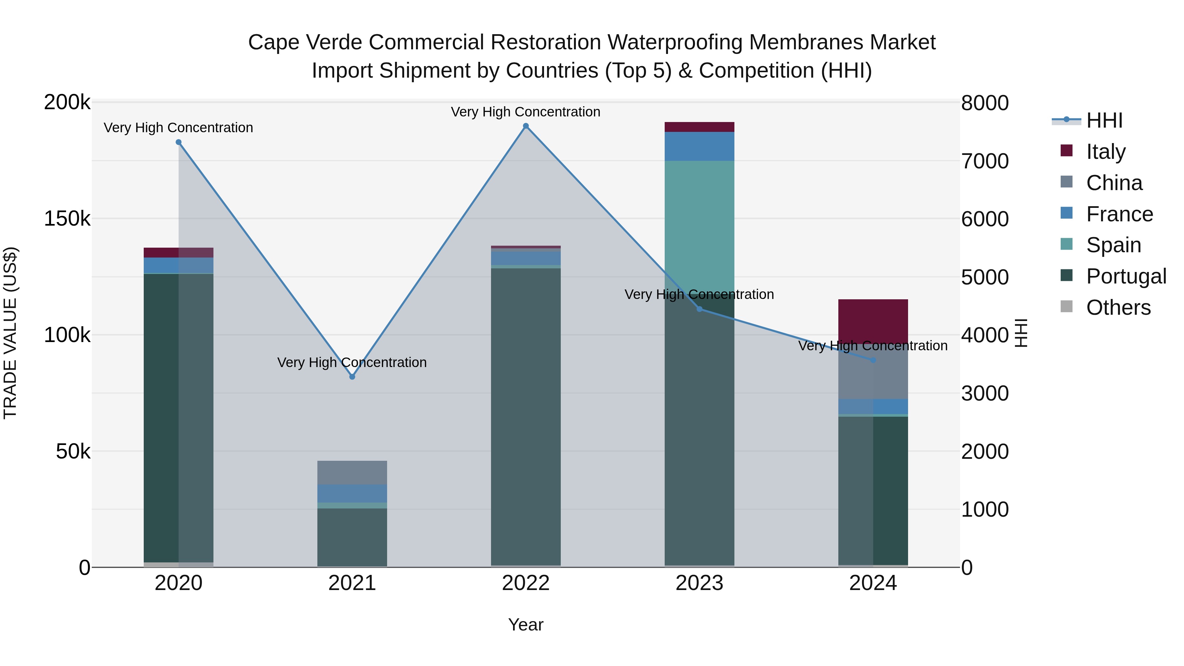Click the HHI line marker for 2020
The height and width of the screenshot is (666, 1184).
click(179, 142)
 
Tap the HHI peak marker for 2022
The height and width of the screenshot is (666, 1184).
click(526, 126)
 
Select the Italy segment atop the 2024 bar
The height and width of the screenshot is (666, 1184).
click(873, 321)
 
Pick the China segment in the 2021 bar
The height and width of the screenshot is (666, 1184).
click(352, 473)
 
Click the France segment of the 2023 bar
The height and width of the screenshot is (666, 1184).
click(699, 146)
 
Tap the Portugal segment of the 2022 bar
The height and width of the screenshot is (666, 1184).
click(526, 414)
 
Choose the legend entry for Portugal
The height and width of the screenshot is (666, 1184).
click(1126, 276)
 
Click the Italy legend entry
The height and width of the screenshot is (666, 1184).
click(1105, 152)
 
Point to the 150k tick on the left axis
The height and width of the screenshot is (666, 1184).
click(67, 219)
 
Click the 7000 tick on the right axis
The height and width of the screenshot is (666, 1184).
click(984, 161)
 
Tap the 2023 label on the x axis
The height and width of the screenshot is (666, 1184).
click(699, 583)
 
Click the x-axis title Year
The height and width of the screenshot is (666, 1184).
click(526, 625)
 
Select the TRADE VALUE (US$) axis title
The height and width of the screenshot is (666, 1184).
click(10, 333)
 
